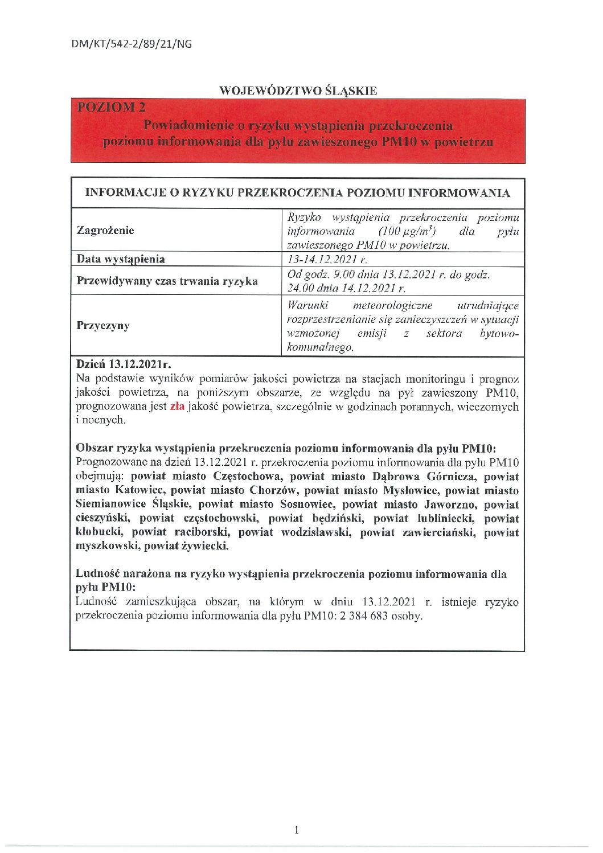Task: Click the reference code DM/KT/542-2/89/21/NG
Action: click(132, 44)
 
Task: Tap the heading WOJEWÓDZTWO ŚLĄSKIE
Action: click(298, 91)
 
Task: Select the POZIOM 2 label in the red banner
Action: click(112, 106)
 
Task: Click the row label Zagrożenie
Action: click(105, 231)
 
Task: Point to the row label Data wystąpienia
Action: click(121, 259)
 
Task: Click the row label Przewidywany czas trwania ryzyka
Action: click(167, 281)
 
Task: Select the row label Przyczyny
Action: click(103, 326)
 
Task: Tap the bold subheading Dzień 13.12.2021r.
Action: click(124, 364)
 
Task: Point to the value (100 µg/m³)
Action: click(407, 231)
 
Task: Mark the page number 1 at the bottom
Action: click(297, 830)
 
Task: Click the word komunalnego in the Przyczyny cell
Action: click(321, 348)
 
